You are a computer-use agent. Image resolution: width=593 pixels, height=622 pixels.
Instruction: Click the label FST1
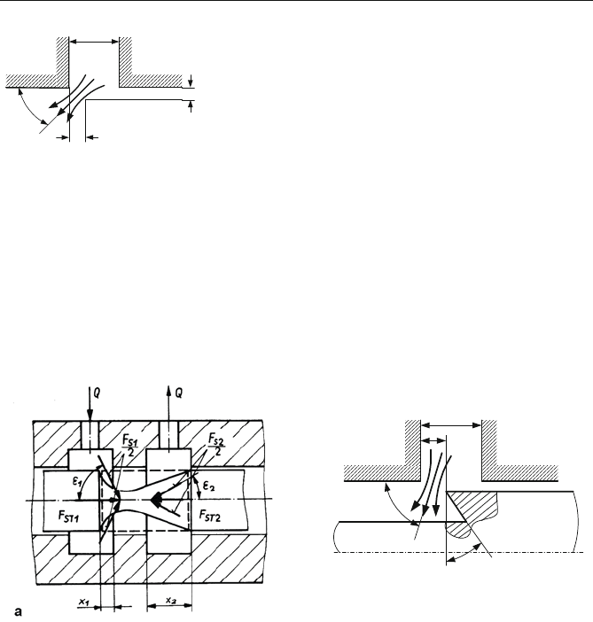(68, 517)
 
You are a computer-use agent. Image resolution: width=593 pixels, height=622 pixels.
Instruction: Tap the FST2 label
(209, 516)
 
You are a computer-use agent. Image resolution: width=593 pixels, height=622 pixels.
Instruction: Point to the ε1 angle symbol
(76, 482)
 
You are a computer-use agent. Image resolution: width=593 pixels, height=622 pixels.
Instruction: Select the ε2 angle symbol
(209, 486)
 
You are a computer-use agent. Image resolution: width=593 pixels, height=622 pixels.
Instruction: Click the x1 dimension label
(83, 602)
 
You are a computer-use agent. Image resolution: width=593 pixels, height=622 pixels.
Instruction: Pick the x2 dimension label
(171, 600)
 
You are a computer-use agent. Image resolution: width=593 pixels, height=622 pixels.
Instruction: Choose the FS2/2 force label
(216, 444)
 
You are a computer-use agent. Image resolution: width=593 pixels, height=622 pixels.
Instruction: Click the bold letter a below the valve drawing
(19, 611)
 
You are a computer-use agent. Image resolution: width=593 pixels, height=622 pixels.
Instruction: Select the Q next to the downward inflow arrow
(97, 393)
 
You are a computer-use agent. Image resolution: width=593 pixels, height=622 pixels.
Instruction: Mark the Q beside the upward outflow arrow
(179, 393)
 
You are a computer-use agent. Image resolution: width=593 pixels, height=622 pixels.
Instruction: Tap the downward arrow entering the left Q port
(90, 404)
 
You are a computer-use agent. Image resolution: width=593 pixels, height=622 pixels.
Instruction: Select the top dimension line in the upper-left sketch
(94, 42)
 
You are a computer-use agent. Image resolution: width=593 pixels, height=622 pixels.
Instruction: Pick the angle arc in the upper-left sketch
(30, 106)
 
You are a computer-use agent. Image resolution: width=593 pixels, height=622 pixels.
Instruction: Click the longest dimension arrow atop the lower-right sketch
(451, 425)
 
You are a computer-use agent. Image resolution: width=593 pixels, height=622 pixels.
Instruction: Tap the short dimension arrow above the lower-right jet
(433, 440)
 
